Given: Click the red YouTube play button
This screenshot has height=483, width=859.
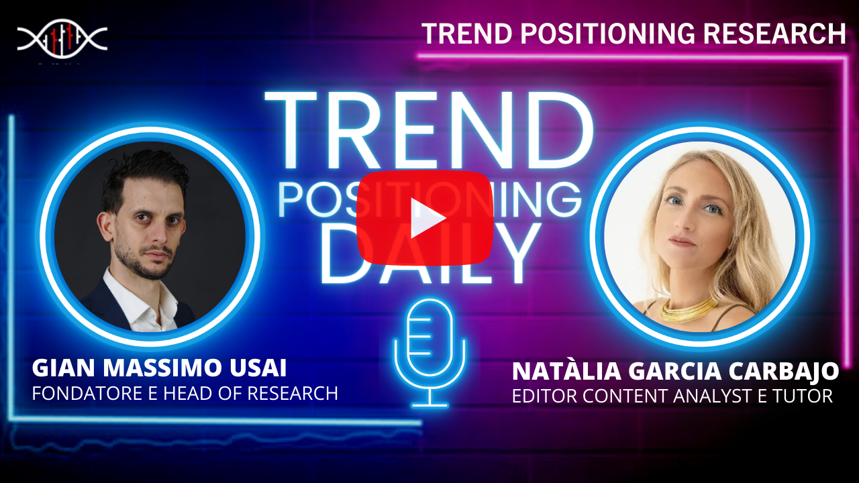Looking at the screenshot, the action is point(425,218).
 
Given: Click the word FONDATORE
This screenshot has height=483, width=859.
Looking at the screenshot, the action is point(87,393).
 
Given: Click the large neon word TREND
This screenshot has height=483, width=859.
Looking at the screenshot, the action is point(429,130).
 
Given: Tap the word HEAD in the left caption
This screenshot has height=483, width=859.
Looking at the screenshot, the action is point(187,393).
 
